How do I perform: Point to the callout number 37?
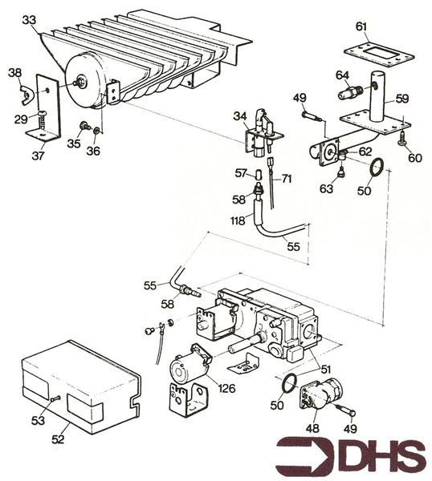(38, 156)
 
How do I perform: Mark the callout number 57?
(240, 172)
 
